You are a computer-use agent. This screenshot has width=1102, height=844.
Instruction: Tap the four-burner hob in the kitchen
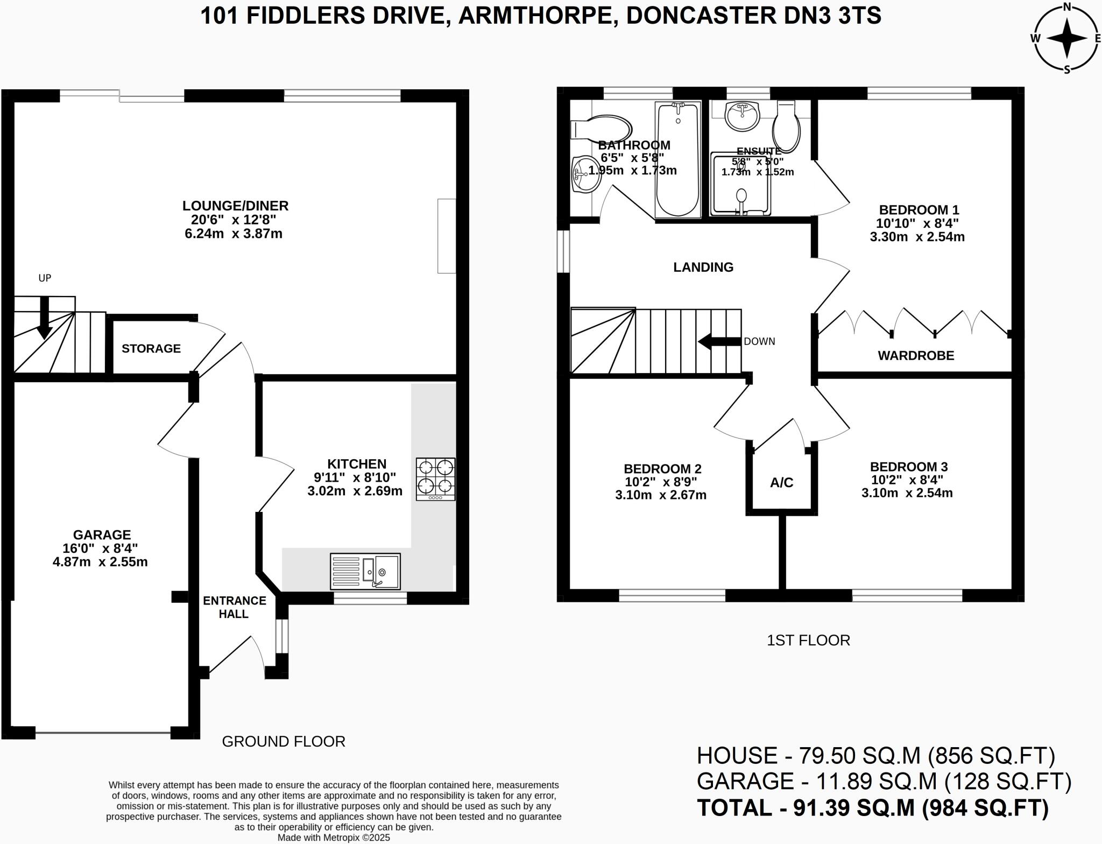click(435, 479)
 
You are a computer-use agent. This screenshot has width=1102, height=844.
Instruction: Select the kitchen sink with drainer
click(365, 571)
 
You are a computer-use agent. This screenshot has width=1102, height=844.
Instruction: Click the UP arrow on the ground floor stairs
click(45, 317)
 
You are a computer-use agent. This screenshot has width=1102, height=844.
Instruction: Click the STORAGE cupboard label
click(151, 349)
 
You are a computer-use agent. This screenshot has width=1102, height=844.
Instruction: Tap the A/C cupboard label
click(781, 483)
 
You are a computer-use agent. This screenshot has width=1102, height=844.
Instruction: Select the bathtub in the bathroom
click(678, 159)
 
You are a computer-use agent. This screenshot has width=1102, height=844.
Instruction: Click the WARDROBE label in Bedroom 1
click(916, 356)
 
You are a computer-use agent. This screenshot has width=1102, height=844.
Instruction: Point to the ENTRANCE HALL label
click(234, 607)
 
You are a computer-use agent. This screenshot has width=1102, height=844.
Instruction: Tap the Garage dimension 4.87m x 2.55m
click(100, 562)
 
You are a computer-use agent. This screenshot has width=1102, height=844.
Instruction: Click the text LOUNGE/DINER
click(235, 206)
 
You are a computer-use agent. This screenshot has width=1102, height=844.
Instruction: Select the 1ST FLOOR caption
click(808, 641)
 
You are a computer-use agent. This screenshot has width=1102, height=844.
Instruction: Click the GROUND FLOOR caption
click(284, 742)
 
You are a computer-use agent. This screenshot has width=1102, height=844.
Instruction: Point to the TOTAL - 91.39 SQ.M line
click(872, 808)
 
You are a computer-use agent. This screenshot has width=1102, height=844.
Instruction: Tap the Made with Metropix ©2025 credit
click(334, 838)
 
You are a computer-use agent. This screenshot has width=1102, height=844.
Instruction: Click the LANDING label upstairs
click(703, 268)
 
